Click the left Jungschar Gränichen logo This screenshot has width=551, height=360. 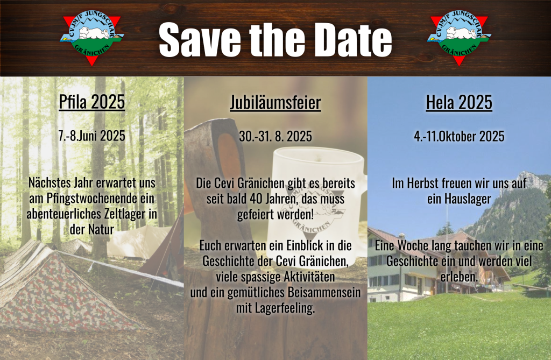(91, 38)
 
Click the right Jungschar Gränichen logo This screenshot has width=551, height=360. (459, 38)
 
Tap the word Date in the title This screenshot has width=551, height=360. (356, 40)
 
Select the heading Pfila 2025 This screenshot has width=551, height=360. (91, 102)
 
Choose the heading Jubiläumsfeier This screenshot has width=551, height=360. (275, 102)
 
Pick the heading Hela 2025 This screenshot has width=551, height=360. (459, 102)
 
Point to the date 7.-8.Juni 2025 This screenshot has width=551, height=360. (91, 136)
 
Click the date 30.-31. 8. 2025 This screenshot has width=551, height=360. (275, 136)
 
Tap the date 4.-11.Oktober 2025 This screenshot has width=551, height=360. (459, 136)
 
